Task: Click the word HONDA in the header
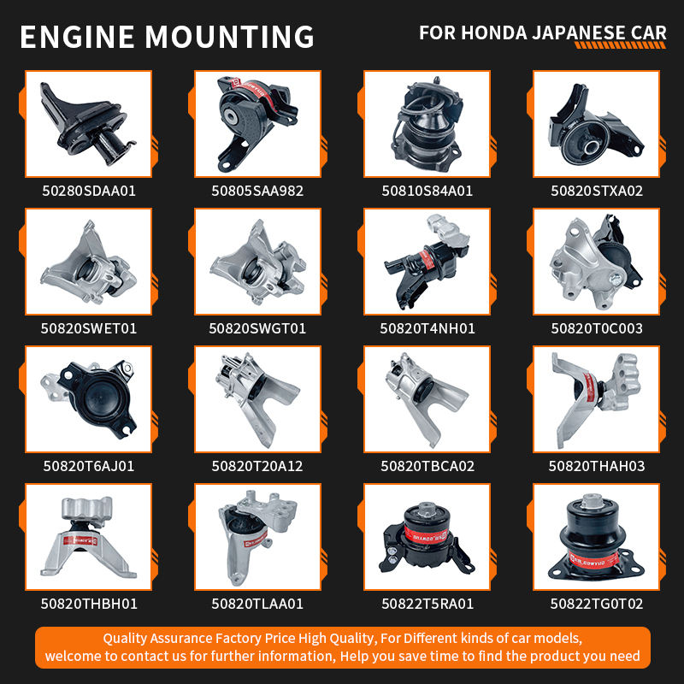[494, 33]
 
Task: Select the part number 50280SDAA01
[89, 191]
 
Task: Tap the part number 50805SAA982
[257, 191]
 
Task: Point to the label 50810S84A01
[427, 191]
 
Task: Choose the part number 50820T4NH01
[427, 328]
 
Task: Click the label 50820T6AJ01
[89, 466]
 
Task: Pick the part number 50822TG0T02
[596, 604]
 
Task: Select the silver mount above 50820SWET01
[89, 263]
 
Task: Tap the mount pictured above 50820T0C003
[595, 262]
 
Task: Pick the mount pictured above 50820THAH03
[596, 400]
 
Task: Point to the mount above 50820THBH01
[89, 537]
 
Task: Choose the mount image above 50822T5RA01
[426, 539]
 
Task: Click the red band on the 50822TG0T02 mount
[593, 559]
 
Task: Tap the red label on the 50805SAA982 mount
[254, 93]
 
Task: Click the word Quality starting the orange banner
[125, 639]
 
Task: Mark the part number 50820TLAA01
[257, 604]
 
